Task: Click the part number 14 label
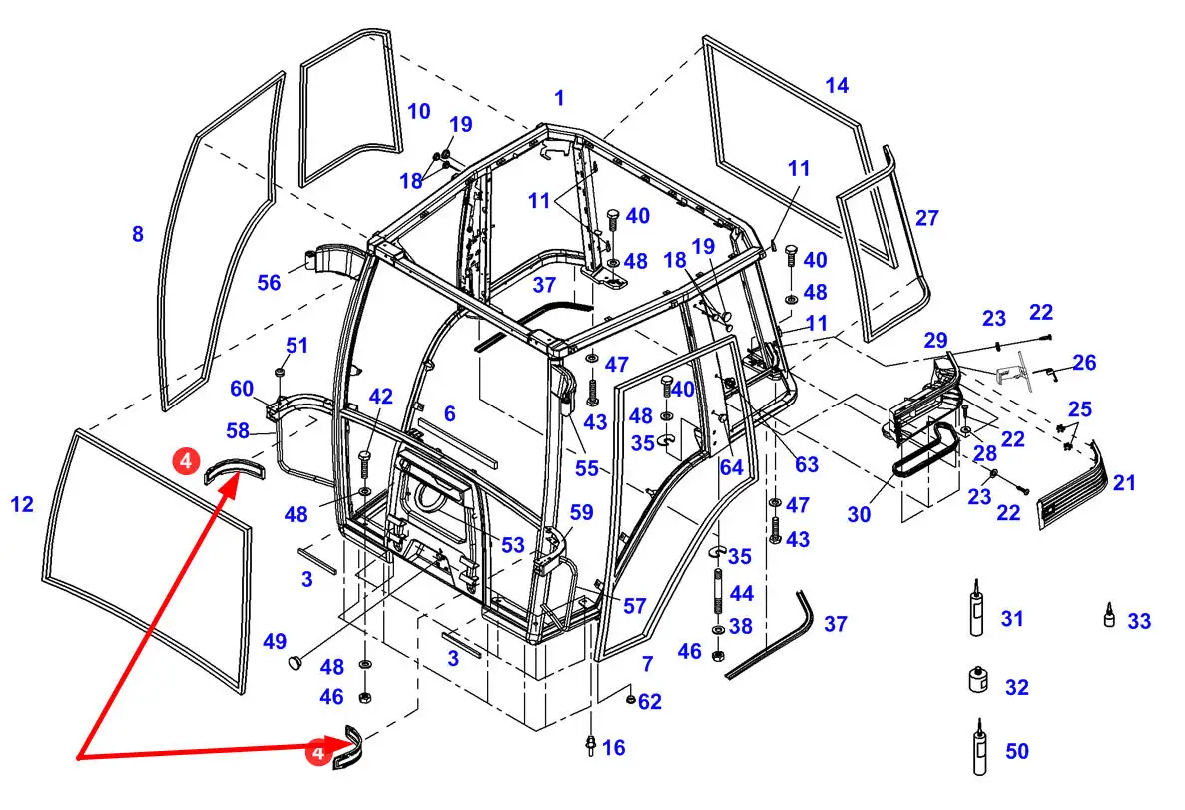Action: click(837, 86)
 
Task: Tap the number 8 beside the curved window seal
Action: click(137, 234)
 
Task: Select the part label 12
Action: click(22, 504)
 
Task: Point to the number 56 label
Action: click(269, 282)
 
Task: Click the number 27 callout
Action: click(927, 218)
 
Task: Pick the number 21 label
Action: click(1124, 482)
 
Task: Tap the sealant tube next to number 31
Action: click(977, 608)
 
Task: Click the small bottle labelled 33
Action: click(1109, 615)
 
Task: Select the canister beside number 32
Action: click(978, 680)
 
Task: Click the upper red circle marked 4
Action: click(186, 459)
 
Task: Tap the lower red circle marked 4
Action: click(318, 753)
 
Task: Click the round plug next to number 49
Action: click(297, 662)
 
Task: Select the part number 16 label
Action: click(613, 748)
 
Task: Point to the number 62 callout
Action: click(649, 702)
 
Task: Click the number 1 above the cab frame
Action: click(558, 98)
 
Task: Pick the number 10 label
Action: click(418, 111)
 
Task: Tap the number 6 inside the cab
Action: click(449, 413)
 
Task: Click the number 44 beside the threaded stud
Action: click(742, 593)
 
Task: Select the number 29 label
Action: click(935, 341)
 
